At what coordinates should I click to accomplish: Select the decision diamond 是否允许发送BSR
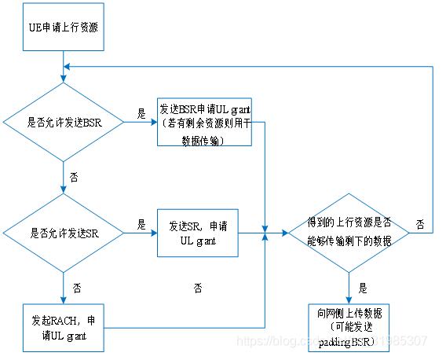coord(63,123)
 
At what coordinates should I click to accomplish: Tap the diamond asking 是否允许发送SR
coord(63,233)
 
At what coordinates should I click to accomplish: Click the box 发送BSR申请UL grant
coord(204,123)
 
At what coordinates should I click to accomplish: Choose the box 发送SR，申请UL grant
coord(198,233)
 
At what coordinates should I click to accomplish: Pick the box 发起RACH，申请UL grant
coord(63,328)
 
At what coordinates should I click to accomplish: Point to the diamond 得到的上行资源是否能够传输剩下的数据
coord(348,233)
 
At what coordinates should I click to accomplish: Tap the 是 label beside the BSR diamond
coord(141,113)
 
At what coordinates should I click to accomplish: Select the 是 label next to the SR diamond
coord(141,224)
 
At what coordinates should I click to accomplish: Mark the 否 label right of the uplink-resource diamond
coord(420,224)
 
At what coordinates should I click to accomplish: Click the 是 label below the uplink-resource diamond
coord(362,288)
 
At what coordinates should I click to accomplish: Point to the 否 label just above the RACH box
coord(76,288)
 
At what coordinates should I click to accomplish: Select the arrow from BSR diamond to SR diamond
coord(63,178)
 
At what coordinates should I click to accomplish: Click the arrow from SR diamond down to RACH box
coord(63,288)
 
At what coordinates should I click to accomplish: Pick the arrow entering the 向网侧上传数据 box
coord(348,286)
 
